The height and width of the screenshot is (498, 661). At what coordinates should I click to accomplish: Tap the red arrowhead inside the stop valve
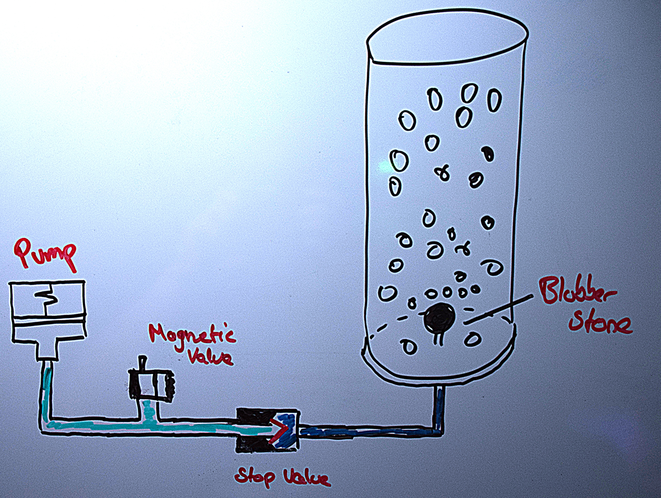[278, 430]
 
